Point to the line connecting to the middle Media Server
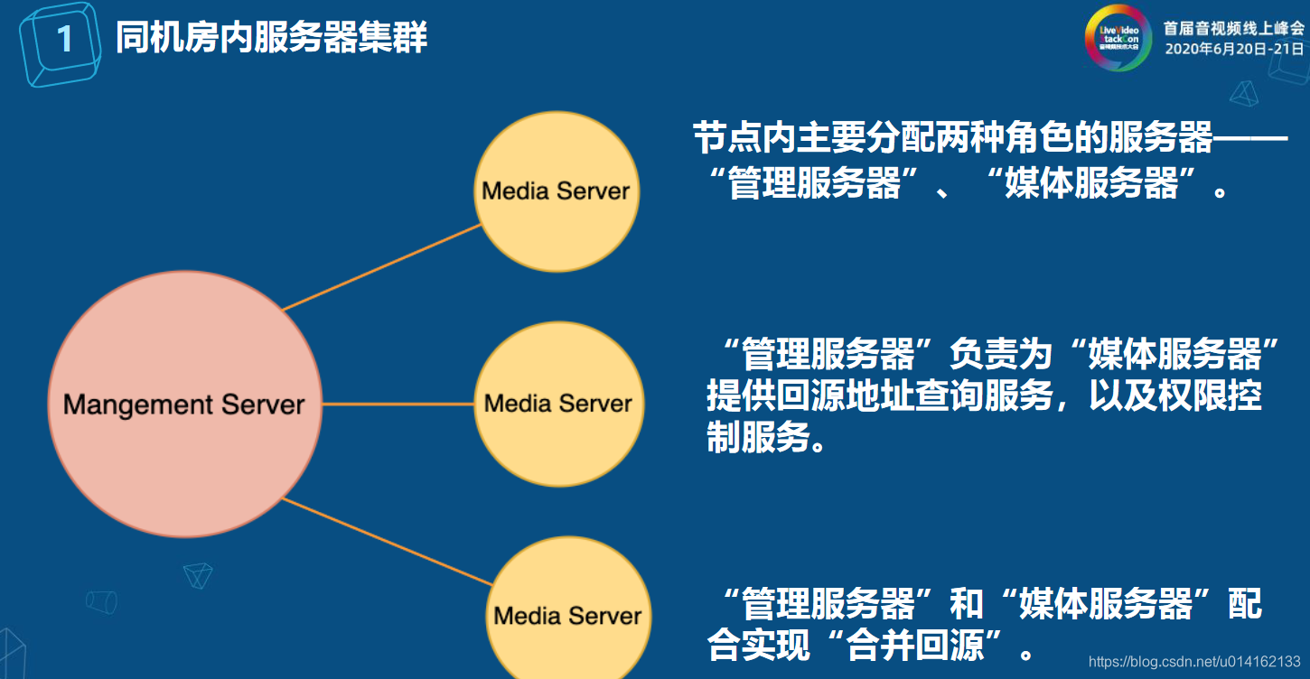pos(398,404)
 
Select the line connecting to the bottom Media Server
pos(388,541)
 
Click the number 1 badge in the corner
pos(63,40)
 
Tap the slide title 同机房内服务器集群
pos(271,39)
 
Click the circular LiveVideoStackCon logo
pos(1118,38)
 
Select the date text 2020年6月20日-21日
pos(1233,49)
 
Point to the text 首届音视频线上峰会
pos(1233,28)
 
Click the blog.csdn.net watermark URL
pos(1194,662)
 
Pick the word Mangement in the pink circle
pos(123,405)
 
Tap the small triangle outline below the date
pos(1246,94)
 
